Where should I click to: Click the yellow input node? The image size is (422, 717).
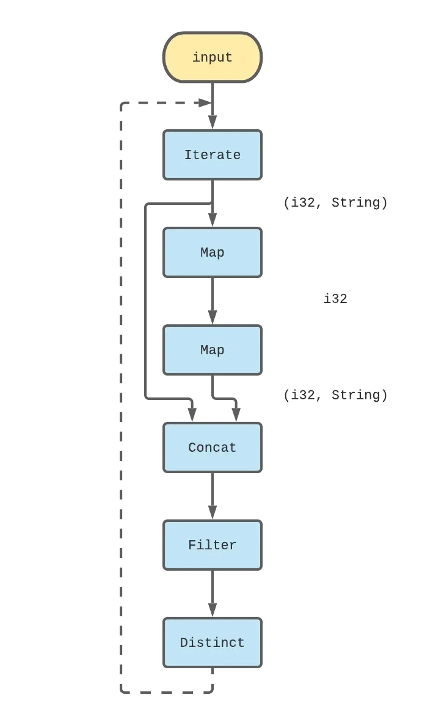click(x=212, y=57)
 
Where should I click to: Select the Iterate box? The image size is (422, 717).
click(x=212, y=154)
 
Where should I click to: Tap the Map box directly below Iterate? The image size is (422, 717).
click(x=212, y=252)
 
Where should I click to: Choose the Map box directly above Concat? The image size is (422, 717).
click(x=212, y=349)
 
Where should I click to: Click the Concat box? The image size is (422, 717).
click(x=212, y=447)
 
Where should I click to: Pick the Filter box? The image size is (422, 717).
click(x=212, y=544)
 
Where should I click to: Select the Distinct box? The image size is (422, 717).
click(x=212, y=642)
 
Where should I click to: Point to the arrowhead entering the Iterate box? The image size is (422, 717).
click(x=212, y=117)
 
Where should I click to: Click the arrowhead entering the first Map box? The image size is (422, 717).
click(x=212, y=215)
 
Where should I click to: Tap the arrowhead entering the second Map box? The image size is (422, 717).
click(x=212, y=312)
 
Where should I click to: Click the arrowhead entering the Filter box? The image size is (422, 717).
click(x=212, y=507)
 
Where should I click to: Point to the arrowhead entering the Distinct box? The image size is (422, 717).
click(x=212, y=605)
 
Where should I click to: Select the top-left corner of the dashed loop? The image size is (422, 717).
click(x=123, y=102)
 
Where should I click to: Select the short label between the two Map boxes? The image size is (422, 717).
click(x=335, y=299)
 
